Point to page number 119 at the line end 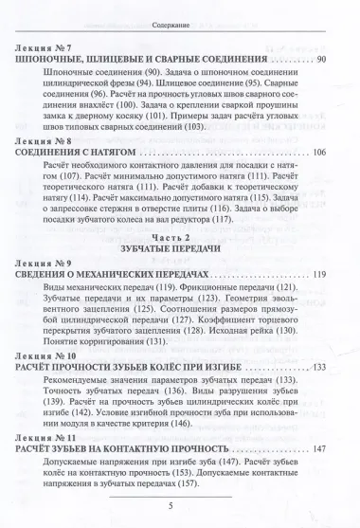[x=318, y=285]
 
